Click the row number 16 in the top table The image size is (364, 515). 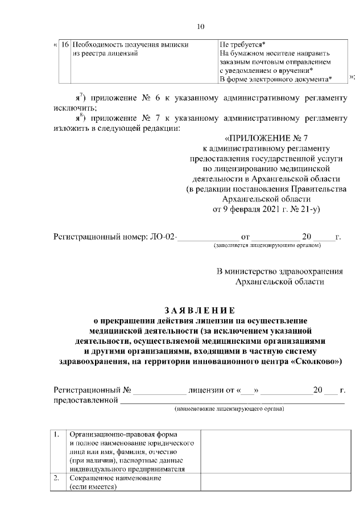(x=65, y=44)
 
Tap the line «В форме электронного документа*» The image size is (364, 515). (x=276, y=79)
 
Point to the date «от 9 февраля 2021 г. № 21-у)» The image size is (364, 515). (x=267, y=209)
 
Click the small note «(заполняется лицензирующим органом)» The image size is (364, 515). (x=267, y=246)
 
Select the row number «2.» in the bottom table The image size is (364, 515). (x=57, y=479)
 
